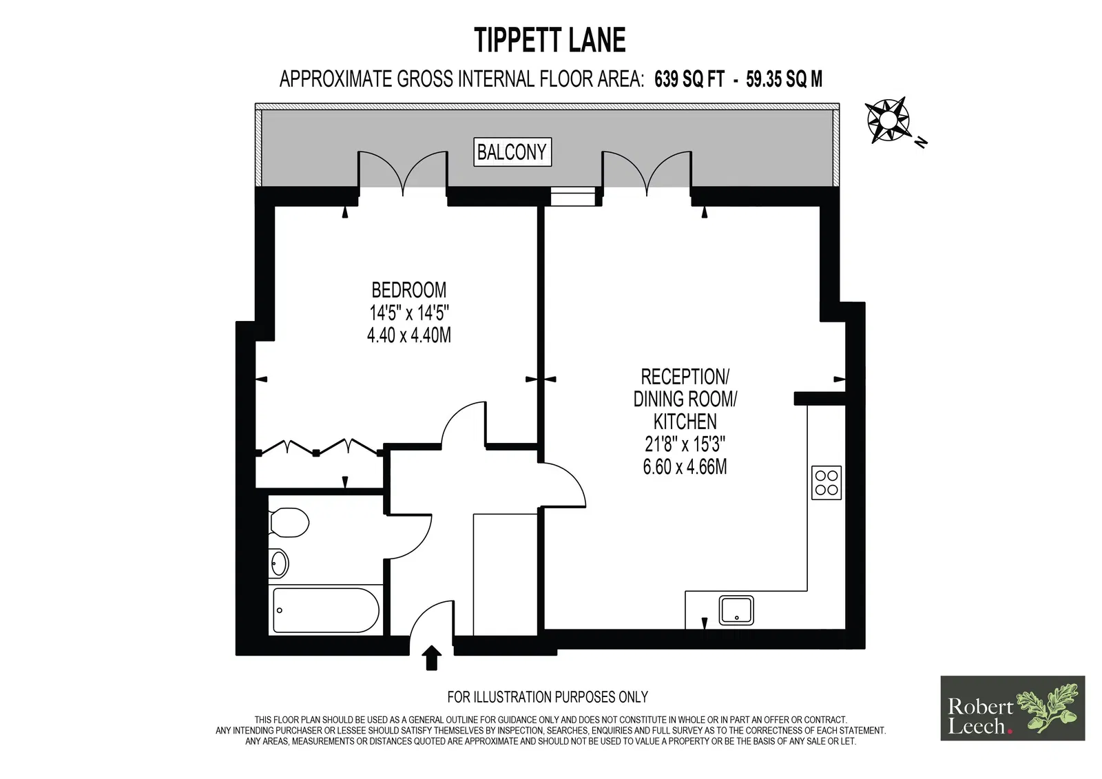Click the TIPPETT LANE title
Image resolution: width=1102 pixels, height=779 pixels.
click(550, 40)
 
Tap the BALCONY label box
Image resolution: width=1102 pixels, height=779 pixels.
click(512, 152)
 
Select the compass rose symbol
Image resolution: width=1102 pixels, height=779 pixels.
click(888, 120)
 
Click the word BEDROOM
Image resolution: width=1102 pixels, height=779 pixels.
click(409, 290)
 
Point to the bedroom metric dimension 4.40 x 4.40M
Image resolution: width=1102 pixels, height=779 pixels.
click(409, 335)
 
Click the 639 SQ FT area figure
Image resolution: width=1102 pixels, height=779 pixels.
click(689, 79)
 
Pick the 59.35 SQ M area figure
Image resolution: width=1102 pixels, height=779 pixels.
click(784, 79)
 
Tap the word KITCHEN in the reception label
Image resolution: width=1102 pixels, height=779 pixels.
click(685, 422)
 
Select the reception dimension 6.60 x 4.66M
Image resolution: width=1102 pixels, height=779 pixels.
click(685, 466)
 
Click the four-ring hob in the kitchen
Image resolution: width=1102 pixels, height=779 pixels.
click(826, 483)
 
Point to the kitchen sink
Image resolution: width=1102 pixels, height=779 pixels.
click(736, 610)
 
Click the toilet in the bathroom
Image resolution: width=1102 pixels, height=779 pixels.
click(289, 522)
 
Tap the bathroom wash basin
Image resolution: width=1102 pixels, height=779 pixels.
click(279, 563)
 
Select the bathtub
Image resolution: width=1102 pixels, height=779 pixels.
click(326, 610)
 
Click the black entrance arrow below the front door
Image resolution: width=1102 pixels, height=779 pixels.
click(431, 658)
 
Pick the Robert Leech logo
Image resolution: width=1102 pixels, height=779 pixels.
click(1012, 708)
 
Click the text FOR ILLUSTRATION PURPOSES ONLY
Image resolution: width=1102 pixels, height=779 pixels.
click(548, 697)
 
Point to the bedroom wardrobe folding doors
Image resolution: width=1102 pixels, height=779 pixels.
click(320, 447)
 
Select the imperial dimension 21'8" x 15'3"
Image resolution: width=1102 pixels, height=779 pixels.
click(685, 444)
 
